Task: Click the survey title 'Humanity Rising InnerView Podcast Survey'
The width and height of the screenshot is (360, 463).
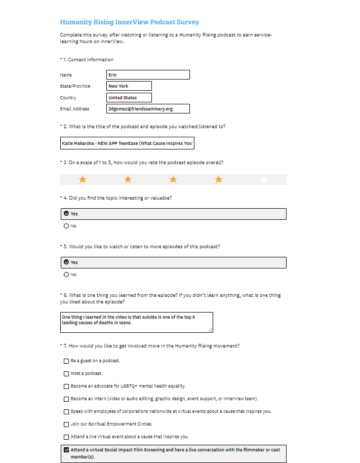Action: click(x=129, y=22)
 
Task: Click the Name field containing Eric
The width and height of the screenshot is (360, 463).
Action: click(x=148, y=75)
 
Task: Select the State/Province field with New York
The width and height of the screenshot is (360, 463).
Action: click(x=129, y=86)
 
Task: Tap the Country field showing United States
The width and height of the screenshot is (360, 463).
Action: click(x=129, y=98)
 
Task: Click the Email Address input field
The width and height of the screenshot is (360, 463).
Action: click(x=148, y=109)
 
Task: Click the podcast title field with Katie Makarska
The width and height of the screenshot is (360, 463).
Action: click(x=127, y=143)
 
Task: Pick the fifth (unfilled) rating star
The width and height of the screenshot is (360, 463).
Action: click(x=264, y=179)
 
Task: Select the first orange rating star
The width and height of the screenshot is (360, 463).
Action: click(x=83, y=179)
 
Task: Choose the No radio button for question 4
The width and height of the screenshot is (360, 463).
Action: click(x=66, y=226)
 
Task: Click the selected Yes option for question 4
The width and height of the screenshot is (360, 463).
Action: click(x=66, y=214)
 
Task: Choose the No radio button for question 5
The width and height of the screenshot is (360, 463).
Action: click(x=66, y=275)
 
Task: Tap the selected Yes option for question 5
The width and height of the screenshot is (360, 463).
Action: click(x=66, y=262)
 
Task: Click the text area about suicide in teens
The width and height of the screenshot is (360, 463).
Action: click(x=136, y=322)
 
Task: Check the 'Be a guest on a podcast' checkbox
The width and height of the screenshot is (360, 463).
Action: click(x=66, y=361)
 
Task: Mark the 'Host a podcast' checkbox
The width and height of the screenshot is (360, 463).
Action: click(x=66, y=374)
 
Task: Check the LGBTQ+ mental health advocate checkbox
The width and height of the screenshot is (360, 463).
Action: click(x=66, y=386)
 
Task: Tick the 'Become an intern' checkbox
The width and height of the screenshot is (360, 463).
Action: click(x=66, y=399)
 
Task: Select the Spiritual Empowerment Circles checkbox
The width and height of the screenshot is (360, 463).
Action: click(x=66, y=424)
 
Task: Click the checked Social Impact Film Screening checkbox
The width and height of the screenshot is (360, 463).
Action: click(x=66, y=449)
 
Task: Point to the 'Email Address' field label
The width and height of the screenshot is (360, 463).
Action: click(x=74, y=109)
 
